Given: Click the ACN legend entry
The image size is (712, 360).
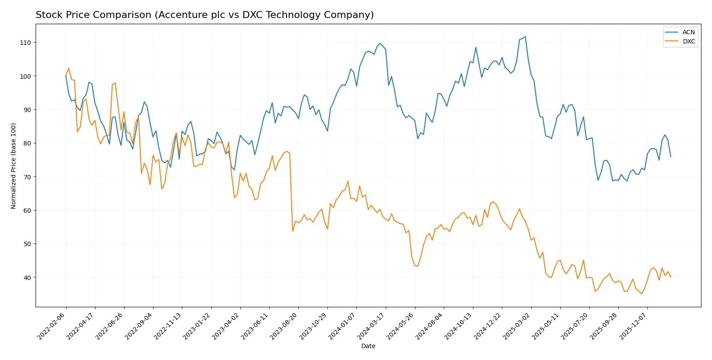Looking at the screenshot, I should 688,32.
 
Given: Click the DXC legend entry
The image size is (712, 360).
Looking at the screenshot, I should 688,42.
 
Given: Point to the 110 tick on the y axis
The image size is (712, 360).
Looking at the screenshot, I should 25,43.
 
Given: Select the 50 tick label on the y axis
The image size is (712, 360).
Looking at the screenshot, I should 27,244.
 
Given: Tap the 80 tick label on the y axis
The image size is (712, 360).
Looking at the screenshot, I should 27,143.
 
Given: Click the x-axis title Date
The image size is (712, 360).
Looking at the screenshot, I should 368,346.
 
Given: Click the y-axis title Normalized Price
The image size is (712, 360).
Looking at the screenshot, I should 14,166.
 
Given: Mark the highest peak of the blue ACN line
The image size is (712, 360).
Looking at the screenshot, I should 525,36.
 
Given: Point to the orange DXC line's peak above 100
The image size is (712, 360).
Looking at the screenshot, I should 69,68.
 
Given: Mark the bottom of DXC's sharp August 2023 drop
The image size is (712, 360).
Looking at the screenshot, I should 293,231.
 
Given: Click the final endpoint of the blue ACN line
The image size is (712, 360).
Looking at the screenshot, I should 671,156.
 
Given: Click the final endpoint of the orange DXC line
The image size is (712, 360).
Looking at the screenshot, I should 671,277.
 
